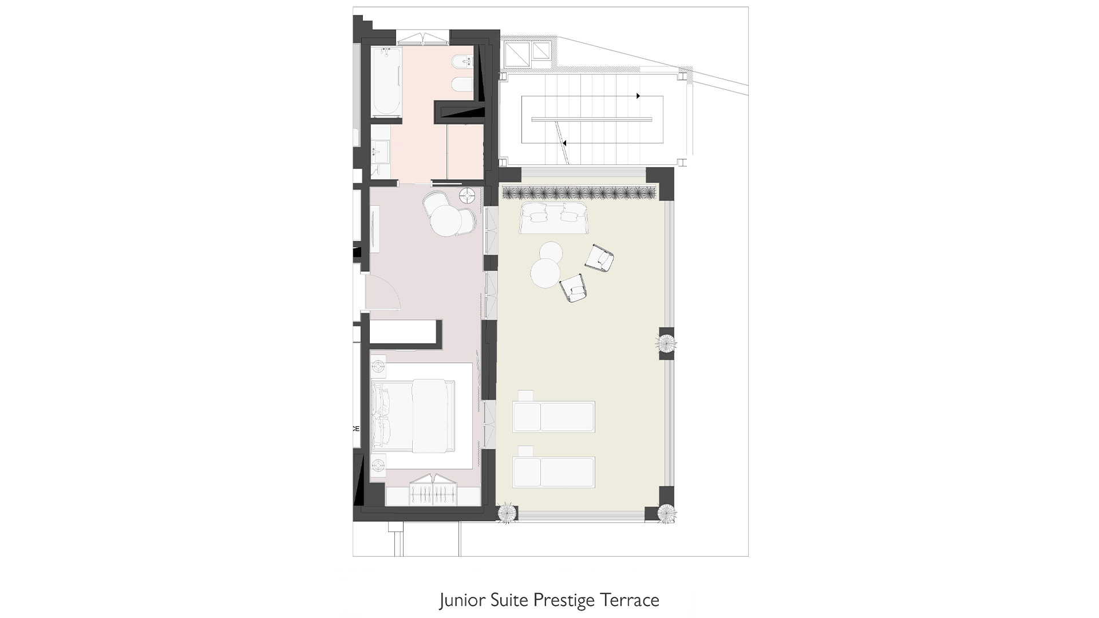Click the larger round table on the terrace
[x=545, y=273]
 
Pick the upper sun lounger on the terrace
[x=554, y=417]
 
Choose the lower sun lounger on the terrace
[x=554, y=472]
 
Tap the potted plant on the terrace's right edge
[x=666, y=343]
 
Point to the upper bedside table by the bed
[x=378, y=365]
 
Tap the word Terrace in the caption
[x=630, y=600]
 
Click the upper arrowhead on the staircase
[x=638, y=96]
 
